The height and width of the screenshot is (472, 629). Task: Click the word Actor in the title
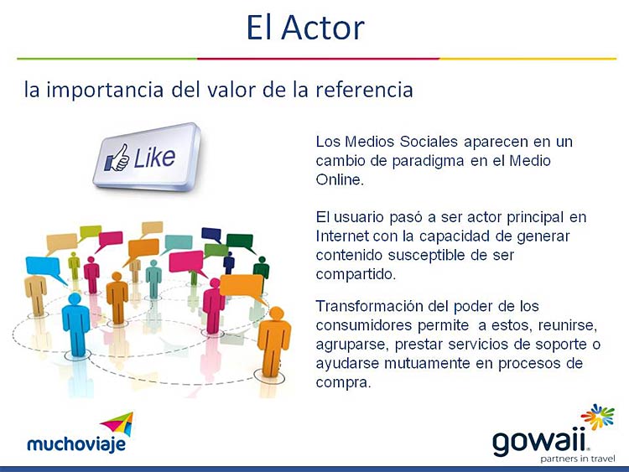click(x=323, y=28)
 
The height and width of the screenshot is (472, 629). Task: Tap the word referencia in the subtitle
click(x=364, y=90)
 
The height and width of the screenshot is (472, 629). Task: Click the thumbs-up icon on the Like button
click(x=117, y=158)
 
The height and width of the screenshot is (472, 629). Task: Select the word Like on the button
click(x=154, y=158)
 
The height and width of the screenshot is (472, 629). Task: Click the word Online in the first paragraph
click(x=340, y=179)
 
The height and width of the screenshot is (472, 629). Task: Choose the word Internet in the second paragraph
click(x=342, y=236)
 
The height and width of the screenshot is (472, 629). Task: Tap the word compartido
click(x=356, y=274)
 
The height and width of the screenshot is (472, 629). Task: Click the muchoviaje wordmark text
click(x=76, y=444)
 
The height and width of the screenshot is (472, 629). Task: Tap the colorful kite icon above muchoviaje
click(x=117, y=424)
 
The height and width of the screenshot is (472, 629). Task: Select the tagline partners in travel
click(x=578, y=459)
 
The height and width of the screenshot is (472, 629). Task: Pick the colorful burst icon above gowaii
click(x=598, y=417)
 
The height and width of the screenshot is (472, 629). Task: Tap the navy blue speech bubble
click(x=211, y=234)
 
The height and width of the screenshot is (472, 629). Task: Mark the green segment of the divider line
click(x=107, y=59)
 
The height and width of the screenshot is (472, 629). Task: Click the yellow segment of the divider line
click(x=528, y=59)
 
